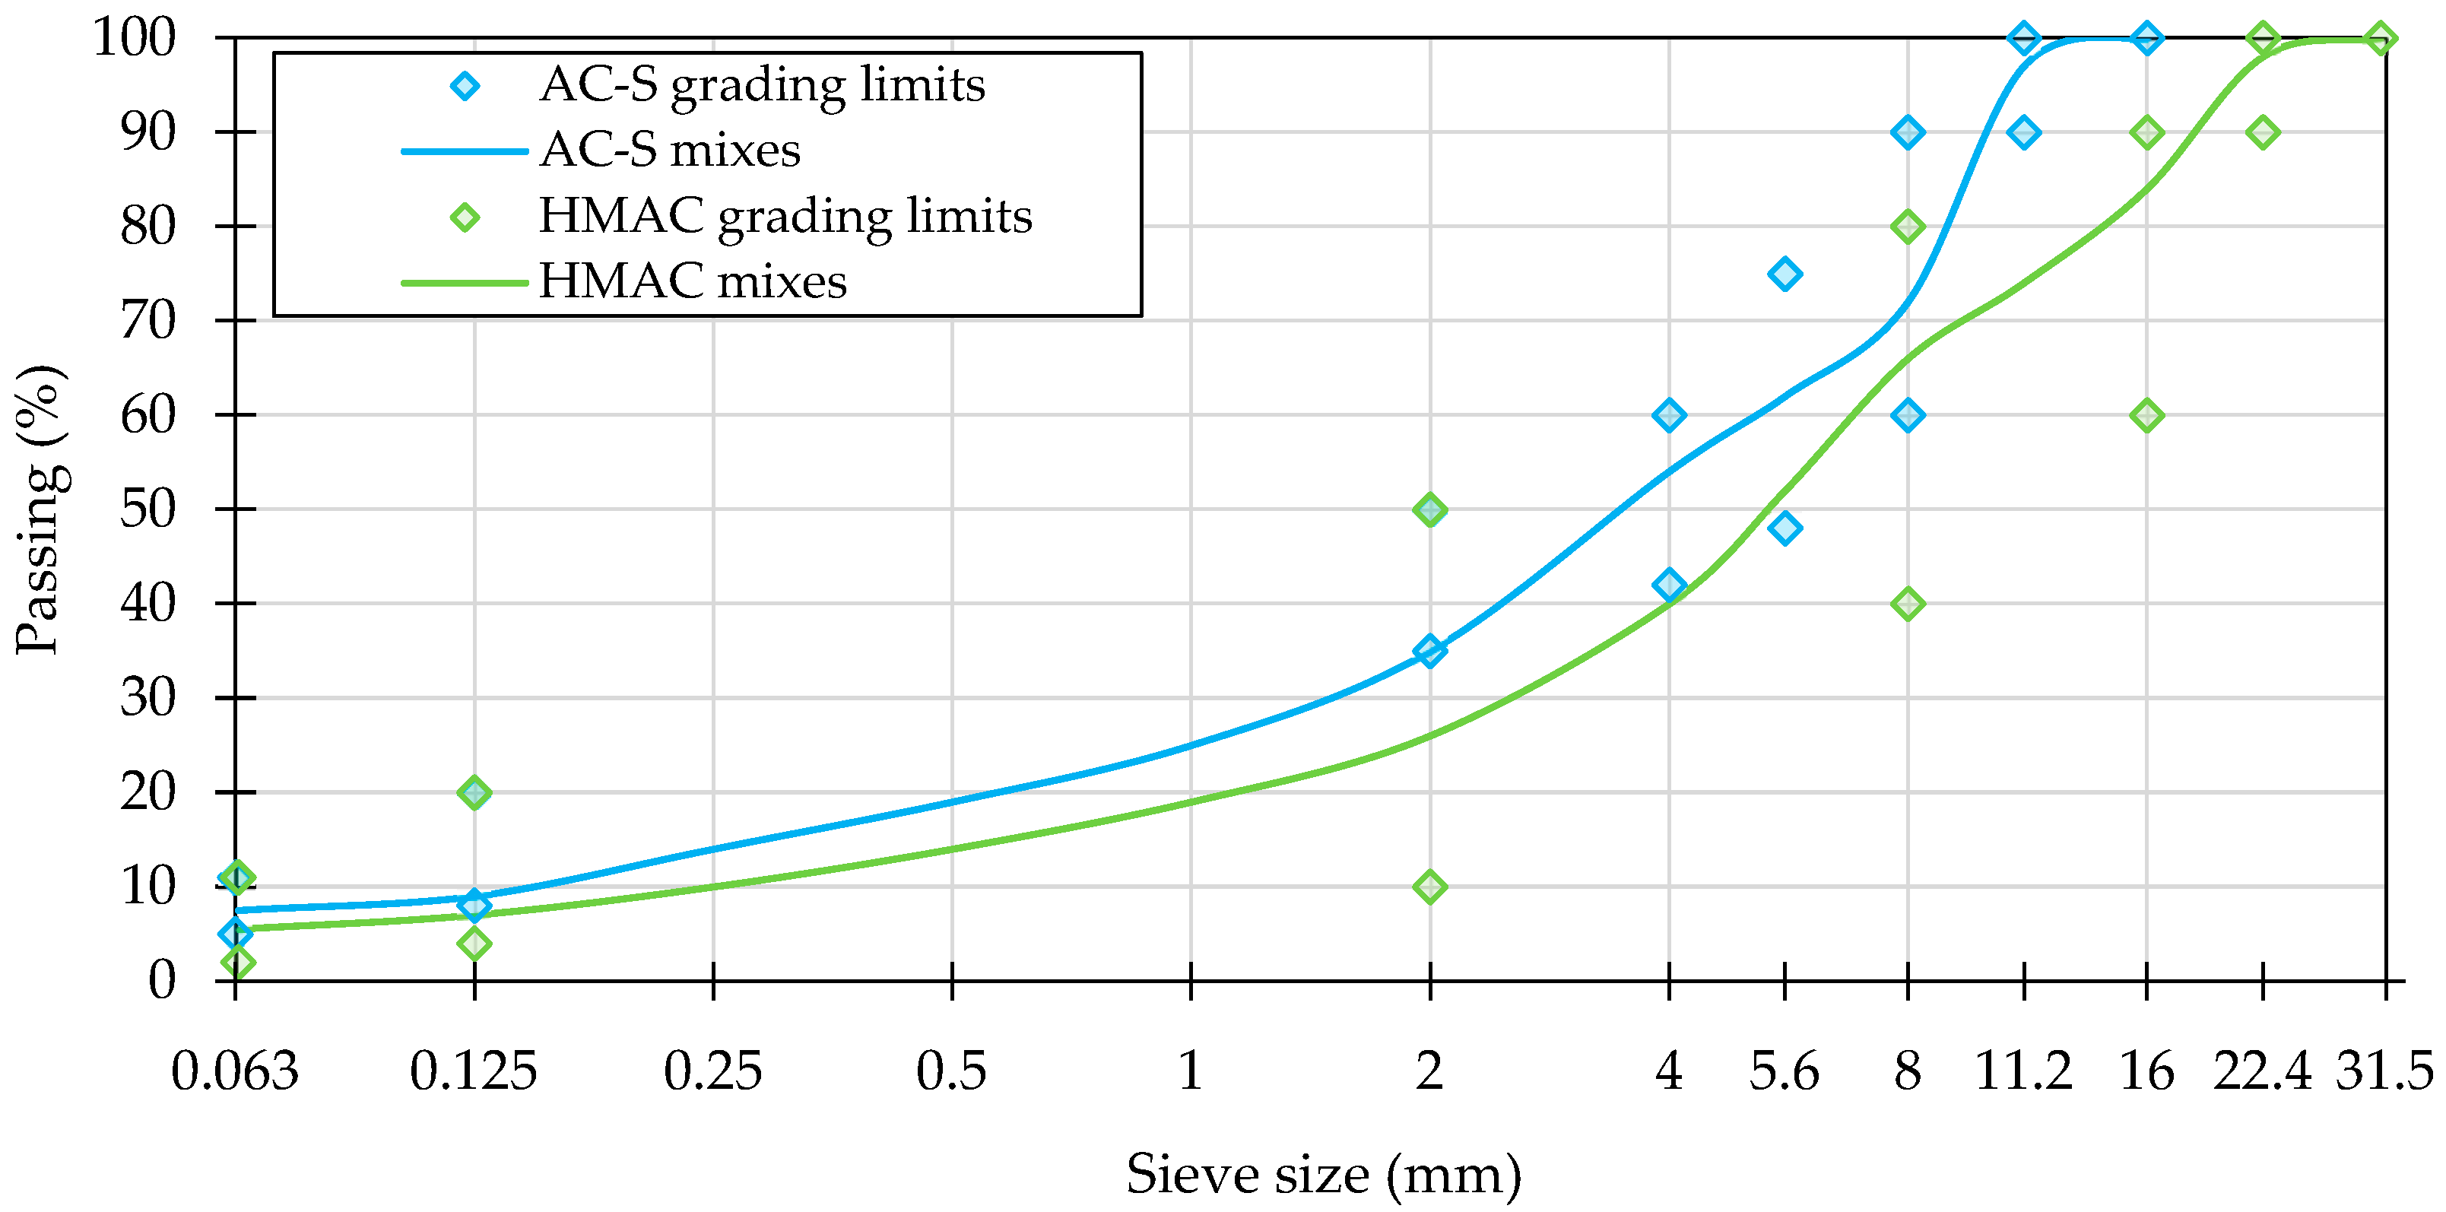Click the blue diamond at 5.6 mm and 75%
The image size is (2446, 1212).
point(1785,274)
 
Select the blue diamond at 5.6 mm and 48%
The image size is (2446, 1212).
point(1785,528)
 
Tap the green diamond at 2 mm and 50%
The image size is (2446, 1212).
point(1430,510)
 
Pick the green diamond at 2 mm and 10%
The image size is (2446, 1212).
point(1430,887)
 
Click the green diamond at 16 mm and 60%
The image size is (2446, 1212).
point(2147,415)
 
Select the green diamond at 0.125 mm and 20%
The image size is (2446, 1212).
point(474,792)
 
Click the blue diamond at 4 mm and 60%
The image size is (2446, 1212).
point(1668,415)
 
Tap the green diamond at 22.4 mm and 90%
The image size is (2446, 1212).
point(2263,132)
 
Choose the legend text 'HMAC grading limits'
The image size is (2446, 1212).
point(785,217)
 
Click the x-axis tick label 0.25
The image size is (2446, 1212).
point(712,1071)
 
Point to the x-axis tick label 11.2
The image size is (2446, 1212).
point(2023,1071)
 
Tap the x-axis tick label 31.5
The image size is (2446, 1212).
point(2384,1071)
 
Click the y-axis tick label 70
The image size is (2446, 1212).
point(148,321)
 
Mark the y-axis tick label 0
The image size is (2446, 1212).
point(161,980)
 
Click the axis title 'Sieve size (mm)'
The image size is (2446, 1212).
point(1324,1174)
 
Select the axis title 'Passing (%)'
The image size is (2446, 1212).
point(40,509)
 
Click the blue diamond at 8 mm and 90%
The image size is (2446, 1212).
point(1908,132)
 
